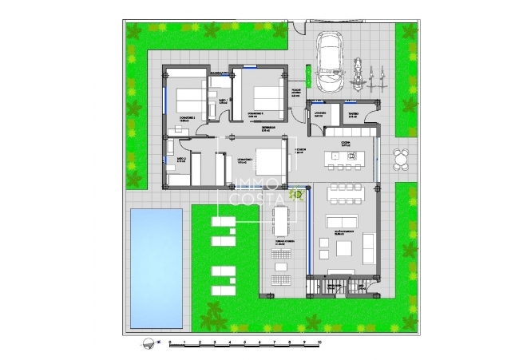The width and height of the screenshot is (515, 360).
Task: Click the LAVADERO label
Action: pyautogui.click(x=318, y=113)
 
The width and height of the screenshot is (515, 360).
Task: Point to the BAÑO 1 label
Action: pyautogui.click(x=224, y=101)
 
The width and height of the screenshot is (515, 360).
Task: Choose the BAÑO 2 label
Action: pyautogui.click(x=181, y=160)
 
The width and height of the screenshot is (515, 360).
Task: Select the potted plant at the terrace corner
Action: pyautogui.click(x=296, y=192)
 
